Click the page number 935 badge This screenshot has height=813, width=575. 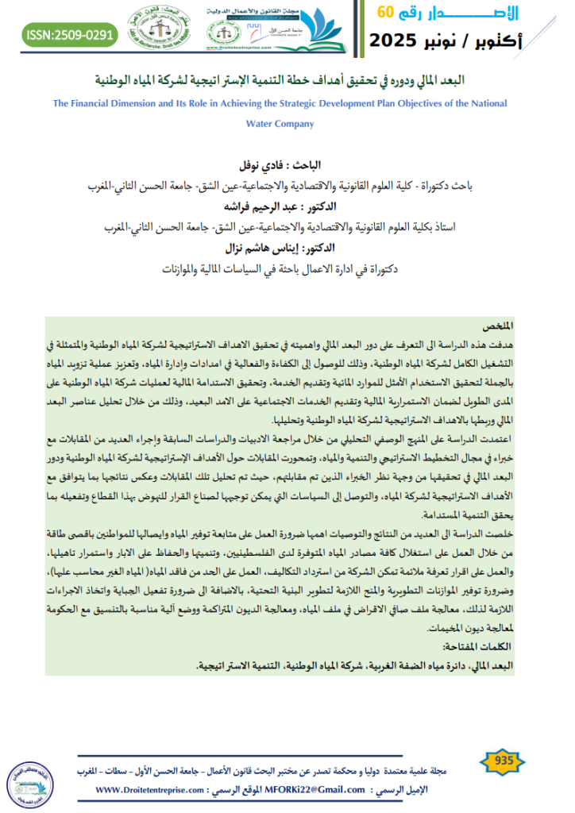click(x=504, y=761)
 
